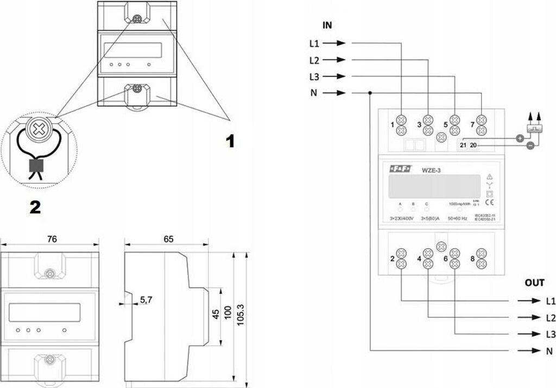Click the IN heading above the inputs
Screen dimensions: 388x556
pos(327,25)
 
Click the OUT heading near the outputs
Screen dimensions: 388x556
pos(534,283)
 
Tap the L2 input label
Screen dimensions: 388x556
pos(314,60)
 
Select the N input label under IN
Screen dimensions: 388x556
pos(314,93)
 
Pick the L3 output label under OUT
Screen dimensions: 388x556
pos(551,334)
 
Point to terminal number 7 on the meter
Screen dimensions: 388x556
pos(472,125)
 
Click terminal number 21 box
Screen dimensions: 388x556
pos(463,145)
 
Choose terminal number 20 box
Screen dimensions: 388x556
pos(473,145)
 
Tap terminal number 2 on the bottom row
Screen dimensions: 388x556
pos(392,259)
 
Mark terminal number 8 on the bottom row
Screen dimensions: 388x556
pos(472,259)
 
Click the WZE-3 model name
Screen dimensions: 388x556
pos(432,171)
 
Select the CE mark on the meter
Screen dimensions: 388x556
pos(489,203)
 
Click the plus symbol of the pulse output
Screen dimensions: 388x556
pos(520,139)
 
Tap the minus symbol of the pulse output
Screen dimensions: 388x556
pos(530,145)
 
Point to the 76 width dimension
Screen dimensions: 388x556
pos(52,239)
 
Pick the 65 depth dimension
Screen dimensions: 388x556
pos(168,239)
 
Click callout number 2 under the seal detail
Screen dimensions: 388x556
pos(35,207)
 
